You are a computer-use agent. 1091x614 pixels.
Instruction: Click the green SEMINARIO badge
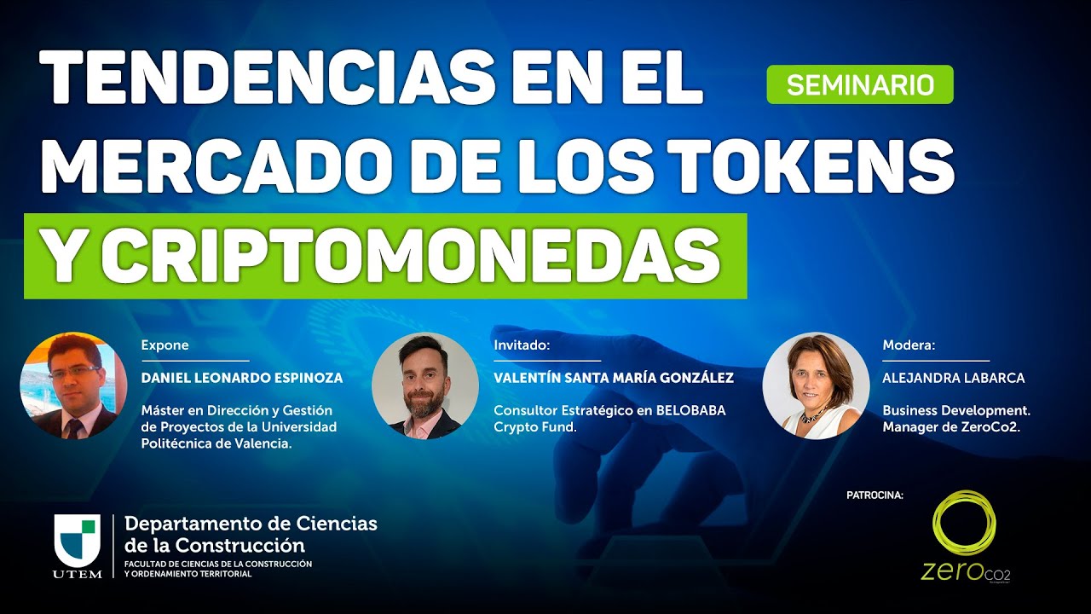pos(859,84)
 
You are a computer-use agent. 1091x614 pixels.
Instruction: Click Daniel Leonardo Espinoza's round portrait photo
pos(73,385)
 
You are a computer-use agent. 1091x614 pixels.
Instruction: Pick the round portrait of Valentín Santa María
pos(424,385)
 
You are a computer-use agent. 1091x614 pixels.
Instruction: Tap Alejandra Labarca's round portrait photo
pos(816,385)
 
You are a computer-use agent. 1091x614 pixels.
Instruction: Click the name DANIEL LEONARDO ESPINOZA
pos(242,378)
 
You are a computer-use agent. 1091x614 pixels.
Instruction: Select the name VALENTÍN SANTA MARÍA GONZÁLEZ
pos(614,378)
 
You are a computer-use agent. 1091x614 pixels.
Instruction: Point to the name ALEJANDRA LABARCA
pos(953,378)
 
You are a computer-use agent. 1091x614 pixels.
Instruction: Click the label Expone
pos(165,345)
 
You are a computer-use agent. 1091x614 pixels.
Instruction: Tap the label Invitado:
pos(522,345)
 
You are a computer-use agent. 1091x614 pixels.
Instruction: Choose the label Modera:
pos(909,345)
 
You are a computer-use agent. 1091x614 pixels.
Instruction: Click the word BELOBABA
pos(691,410)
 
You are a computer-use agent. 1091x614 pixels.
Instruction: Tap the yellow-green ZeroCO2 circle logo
pos(964,523)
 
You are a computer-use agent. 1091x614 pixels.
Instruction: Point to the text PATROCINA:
pos(875,495)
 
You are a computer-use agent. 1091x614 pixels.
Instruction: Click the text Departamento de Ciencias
pos(251,523)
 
